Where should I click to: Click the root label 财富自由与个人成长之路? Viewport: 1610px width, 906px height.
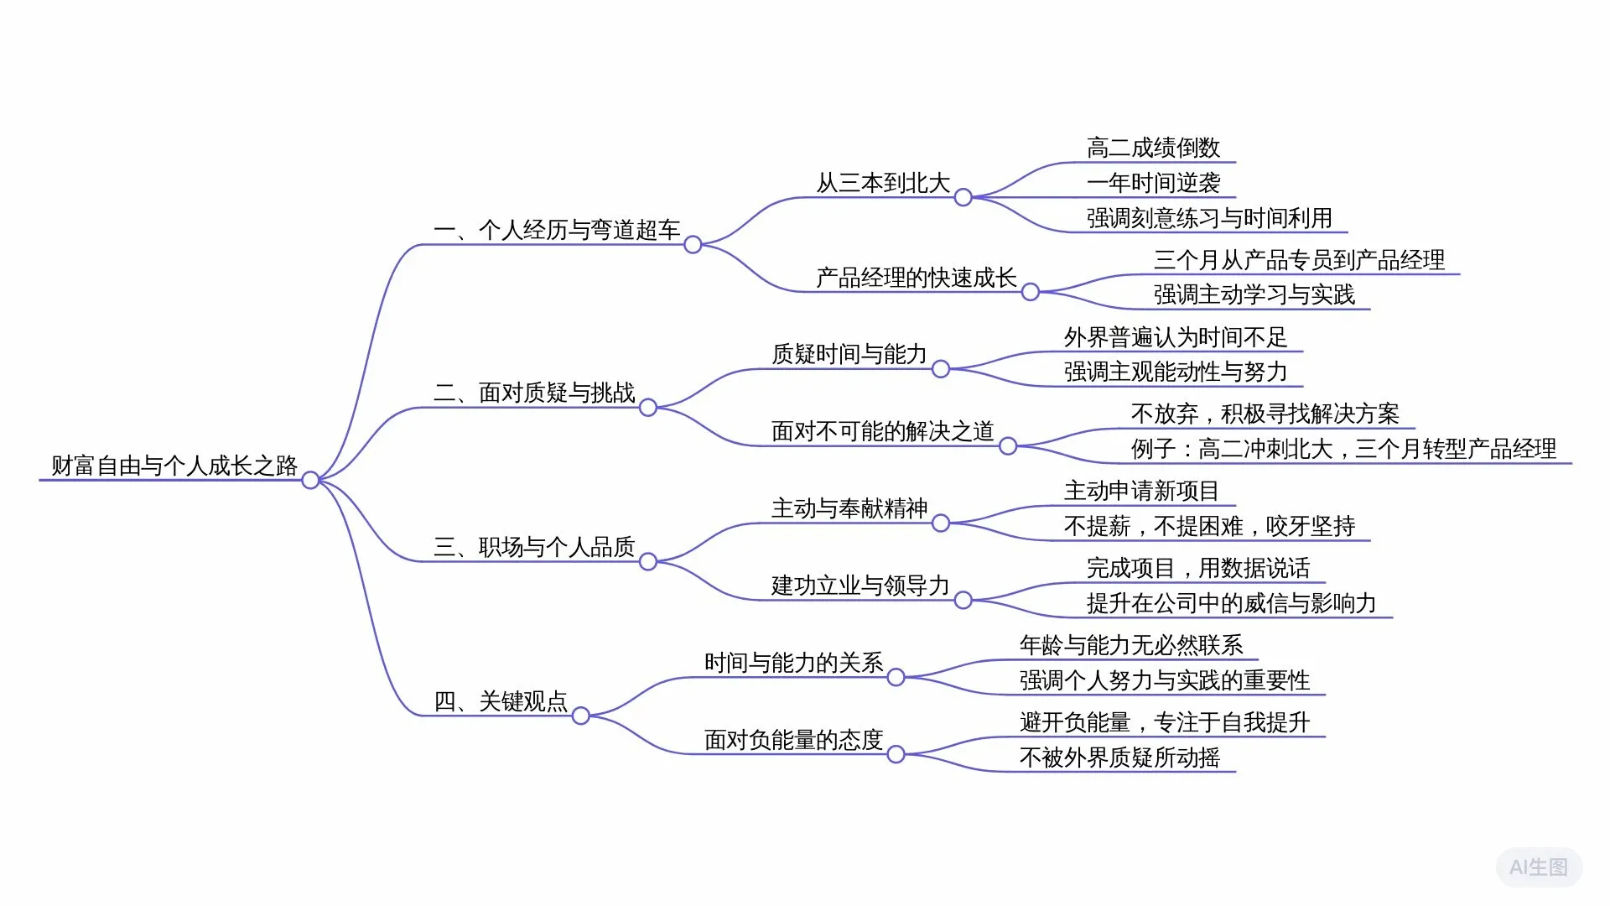click(x=174, y=466)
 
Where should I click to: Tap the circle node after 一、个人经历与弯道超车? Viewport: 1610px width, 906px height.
click(x=693, y=245)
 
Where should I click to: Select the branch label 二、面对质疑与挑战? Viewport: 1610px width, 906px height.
click(x=534, y=393)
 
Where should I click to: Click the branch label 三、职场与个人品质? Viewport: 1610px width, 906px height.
click(x=534, y=547)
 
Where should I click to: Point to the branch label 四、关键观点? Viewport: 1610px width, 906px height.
click(x=501, y=701)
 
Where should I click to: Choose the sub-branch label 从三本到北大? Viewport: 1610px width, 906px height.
click(x=883, y=183)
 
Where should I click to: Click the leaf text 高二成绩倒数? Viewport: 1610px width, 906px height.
click(x=1153, y=148)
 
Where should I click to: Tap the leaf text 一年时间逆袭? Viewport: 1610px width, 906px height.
click(x=1153, y=183)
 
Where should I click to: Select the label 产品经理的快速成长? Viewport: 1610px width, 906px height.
click(x=916, y=278)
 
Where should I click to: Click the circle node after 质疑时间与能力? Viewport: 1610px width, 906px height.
click(x=941, y=369)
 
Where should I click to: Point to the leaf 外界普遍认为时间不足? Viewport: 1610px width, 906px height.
click(x=1175, y=337)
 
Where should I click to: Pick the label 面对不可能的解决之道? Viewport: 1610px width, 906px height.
click(x=882, y=431)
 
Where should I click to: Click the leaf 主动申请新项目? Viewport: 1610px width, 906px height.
click(x=1140, y=491)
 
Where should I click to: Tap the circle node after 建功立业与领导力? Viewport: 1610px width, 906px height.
click(x=963, y=601)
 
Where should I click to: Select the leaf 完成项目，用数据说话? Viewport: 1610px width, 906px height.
click(x=1197, y=568)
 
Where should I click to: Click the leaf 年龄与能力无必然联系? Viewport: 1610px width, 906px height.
click(x=1130, y=645)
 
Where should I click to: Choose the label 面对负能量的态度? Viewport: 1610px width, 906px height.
click(x=793, y=740)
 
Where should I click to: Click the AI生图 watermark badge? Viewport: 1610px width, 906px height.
click(x=1539, y=867)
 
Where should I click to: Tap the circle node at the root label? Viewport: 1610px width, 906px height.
click(x=310, y=481)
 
